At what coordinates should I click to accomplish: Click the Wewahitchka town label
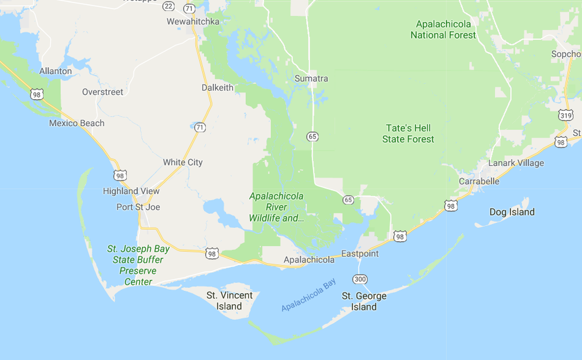(193, 21)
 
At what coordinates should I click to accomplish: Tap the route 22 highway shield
(168, 6)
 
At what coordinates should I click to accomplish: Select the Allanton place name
(56, 71)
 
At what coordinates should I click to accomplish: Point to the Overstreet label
(103, 92)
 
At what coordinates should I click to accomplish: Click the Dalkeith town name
(217, 87)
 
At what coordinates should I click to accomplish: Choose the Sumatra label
(311, 79)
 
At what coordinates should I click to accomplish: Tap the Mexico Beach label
(77, 123)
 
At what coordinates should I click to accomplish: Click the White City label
(183, 162)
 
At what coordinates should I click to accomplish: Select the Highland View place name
(131, 191)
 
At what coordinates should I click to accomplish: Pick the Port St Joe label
(138, 207)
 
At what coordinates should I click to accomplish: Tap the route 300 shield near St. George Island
(359, 279)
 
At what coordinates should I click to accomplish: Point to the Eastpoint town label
(360, 254)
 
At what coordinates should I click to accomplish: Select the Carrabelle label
(479, 181)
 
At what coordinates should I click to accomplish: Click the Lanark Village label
(516, 163)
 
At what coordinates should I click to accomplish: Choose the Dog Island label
(512, 212)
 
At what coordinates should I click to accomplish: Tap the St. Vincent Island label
(229, 301)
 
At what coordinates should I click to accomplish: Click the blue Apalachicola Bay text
(308, 295)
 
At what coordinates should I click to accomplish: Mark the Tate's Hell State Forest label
(408, 134)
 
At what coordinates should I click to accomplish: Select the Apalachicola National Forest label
(443, 30)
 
